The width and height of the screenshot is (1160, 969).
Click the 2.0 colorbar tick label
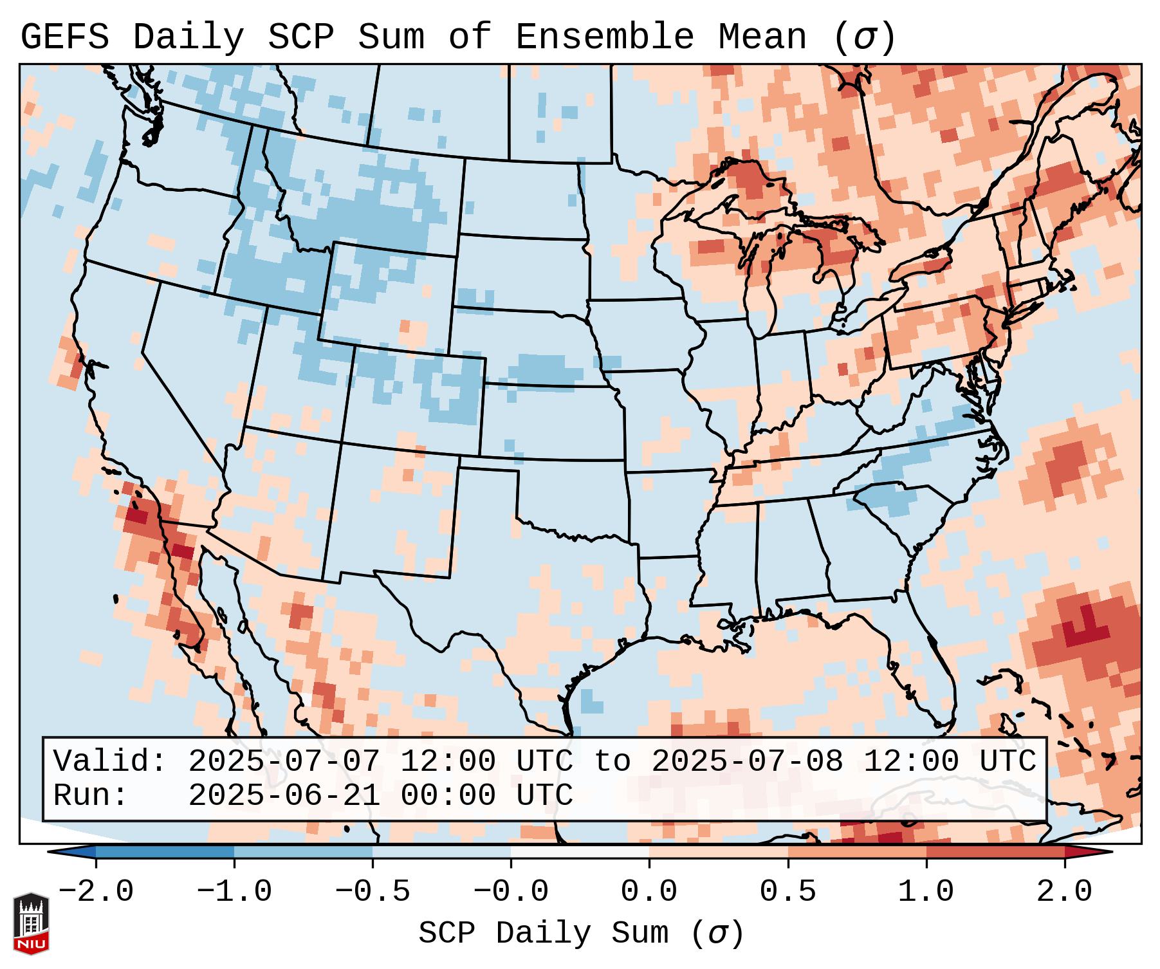click(x=1064, y=892)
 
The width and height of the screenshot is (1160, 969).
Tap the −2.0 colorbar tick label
click(x=96, y=892)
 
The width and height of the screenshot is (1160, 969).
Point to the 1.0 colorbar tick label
click(x=926, y=892)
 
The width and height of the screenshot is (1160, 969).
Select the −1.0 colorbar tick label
click(x=234, y=892)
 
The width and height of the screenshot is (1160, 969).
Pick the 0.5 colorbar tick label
click(x=787, y=892)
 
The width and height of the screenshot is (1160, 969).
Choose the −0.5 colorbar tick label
click(x=373, y=892)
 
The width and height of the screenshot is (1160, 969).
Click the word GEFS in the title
click(x=64, y=37)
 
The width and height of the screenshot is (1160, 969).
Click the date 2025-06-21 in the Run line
click(x=284, y=795)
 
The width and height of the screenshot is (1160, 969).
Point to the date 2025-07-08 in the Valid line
click(x=747, y=761)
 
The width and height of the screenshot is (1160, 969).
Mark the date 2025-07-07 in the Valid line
click(x=284, y=761)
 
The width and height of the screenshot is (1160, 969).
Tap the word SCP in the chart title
click(x=300, y=37)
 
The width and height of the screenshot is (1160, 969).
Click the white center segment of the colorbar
click(x=580, y=851)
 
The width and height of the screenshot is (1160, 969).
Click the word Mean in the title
click(x=762, y=37)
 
